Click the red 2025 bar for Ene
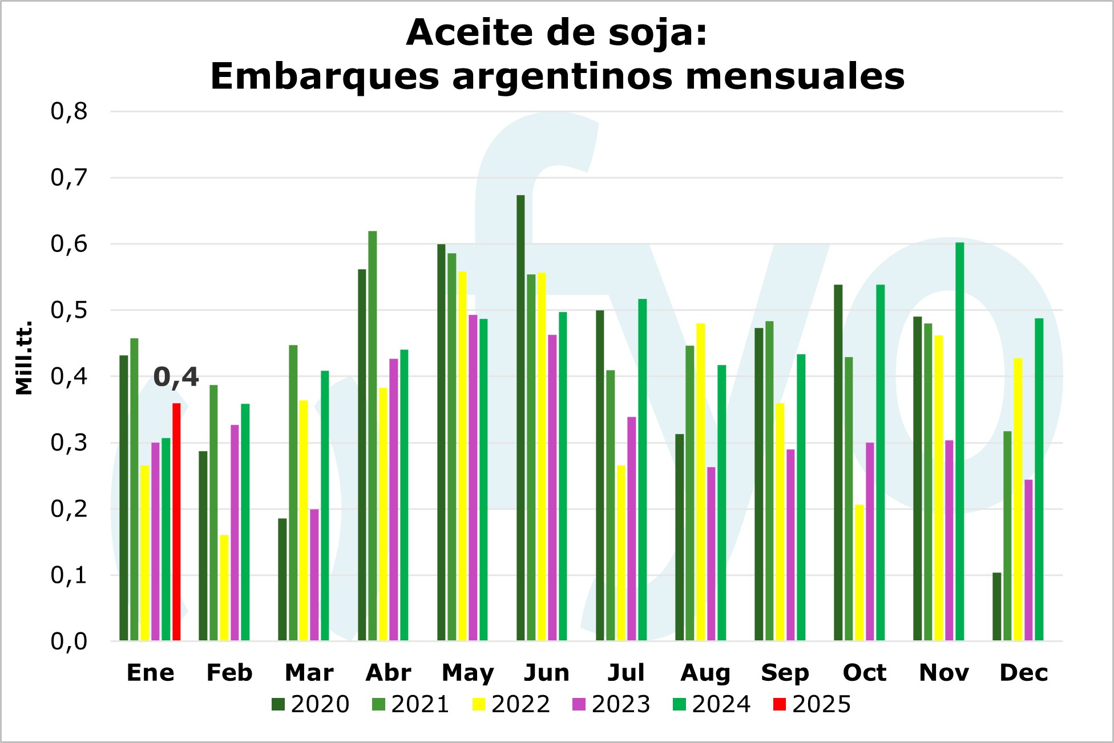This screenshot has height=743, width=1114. pos(176,522)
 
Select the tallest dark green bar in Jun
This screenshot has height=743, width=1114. pos(520,418)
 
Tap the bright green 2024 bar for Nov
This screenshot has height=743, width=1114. pos(959,441)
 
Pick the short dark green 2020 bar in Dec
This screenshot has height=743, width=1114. pos(996,607)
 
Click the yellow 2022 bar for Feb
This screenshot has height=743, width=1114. pos(224,588)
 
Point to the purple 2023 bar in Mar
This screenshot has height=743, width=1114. pos(314,575)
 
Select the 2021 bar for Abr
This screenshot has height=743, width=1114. pos(373,436)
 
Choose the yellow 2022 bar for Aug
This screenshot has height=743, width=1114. pos(700,482)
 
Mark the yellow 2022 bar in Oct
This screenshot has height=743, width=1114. pos(859,573)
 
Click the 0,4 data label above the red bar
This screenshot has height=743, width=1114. pos(176,377)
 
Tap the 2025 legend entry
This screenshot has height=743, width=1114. pos(812,705)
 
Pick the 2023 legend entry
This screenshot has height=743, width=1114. pos(611,705)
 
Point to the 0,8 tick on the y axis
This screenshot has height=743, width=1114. pos(69,111)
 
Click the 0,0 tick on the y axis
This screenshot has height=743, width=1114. pos(69,642)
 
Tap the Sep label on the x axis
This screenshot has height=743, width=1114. pos(785,673)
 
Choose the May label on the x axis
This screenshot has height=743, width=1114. pos(467,673)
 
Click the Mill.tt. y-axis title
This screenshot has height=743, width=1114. pos(24,358)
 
